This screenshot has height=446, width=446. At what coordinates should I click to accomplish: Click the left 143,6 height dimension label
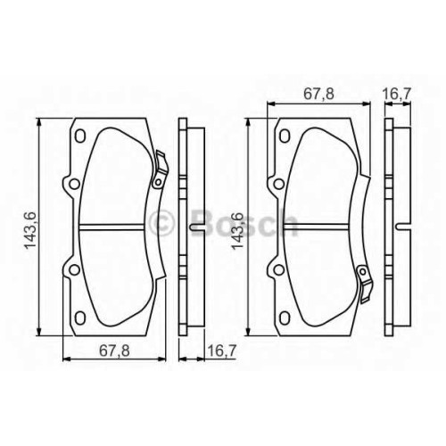coord(30,230)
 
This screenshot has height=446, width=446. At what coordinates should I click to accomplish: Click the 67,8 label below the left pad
coord(114,351)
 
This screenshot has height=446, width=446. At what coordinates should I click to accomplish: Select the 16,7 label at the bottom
coord(221,351)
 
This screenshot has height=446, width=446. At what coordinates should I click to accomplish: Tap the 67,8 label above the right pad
coord(318,94)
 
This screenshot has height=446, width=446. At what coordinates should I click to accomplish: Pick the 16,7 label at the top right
coord(397,94)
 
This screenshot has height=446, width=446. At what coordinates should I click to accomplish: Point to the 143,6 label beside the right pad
coord(238,230)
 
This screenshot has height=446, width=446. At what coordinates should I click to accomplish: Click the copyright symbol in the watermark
coord(161,223)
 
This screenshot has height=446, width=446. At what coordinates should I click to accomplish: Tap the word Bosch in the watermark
coord(244,223)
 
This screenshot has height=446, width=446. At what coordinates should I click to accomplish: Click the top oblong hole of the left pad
coord(79,136)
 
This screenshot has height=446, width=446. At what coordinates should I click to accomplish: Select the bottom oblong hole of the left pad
coord(79,318)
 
